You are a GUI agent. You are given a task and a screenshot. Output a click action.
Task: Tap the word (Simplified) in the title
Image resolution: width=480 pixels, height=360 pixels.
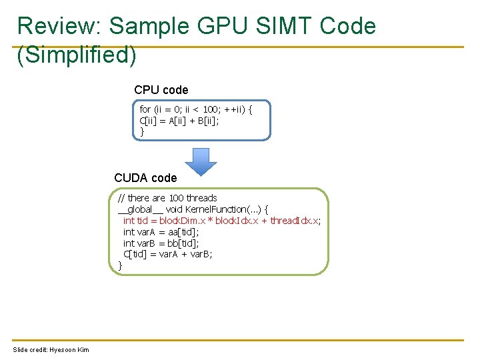pyautogui.click(x=77, y=55)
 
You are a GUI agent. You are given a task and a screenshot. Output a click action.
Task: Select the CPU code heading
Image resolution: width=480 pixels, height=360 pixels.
pyautogui.click(x=161, y=89)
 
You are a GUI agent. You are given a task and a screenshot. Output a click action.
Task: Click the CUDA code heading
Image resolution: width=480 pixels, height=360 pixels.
pyautogui.click(x=145, y=178)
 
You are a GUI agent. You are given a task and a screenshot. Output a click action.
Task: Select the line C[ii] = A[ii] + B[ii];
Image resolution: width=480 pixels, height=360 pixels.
pyautogui.click(x=178, y=120)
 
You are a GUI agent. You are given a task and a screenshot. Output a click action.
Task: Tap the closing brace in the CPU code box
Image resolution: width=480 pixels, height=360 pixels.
pyautogui.click(x=142, y=131)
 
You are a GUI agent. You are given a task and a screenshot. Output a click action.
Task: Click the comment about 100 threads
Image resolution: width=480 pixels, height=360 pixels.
pyautogui.click(x=167, y=198)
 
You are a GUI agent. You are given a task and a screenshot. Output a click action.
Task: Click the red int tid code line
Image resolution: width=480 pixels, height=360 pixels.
pyautogui.click(x=221, y=221)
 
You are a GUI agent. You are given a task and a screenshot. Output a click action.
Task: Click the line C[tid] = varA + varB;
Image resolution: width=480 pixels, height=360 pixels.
pyautogui.click(x=168, y=254)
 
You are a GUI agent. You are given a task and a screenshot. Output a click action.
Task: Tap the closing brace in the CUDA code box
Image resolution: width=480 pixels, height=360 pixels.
pyautogui.click(x=121, y=265)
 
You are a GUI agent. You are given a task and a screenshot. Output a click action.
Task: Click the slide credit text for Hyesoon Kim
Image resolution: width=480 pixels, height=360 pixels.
pyautogui.click(x=51, y=350)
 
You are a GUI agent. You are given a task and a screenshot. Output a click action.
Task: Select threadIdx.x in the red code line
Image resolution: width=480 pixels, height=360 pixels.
pyautogui.click(x=295, y=221)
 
